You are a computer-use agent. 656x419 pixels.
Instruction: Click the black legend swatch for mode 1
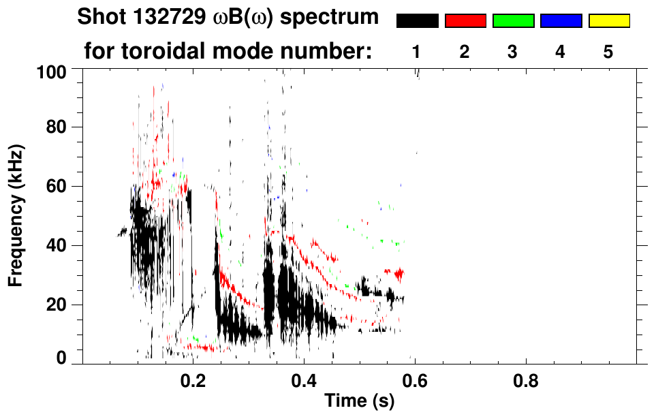pos(417,21)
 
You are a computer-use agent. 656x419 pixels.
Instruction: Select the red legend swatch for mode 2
pos(465,21)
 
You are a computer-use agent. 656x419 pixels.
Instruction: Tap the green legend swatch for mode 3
pos(513,21)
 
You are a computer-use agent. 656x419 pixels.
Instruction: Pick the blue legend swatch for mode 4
pos(561,21)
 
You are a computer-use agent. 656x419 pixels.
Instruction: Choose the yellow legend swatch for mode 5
pos(609,21)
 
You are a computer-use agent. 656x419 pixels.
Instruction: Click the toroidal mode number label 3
pos(513,51)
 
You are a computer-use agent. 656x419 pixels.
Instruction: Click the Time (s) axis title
pos(359,402)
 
